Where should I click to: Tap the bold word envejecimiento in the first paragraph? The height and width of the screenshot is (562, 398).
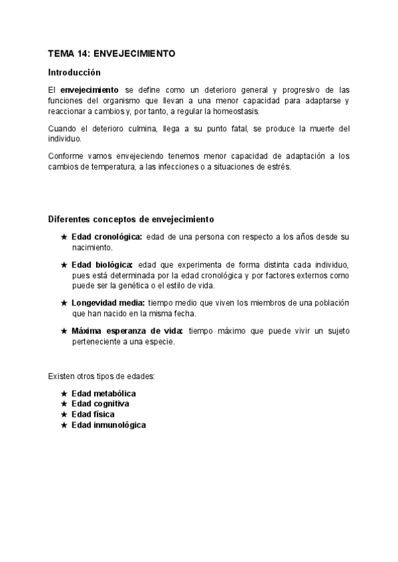coord(90,89)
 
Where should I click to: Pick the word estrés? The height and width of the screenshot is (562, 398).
coord(277,166)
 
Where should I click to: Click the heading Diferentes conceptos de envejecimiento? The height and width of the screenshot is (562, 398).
coord(131,219)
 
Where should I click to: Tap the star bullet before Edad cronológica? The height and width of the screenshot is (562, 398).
coord(64,237)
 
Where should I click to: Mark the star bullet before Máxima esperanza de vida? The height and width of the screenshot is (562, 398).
coord(64,331)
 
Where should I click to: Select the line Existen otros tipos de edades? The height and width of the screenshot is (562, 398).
coord(101,376)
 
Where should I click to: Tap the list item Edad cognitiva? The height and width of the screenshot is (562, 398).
coord(100,404)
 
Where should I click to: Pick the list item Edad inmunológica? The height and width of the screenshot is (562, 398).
coord(108,425)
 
